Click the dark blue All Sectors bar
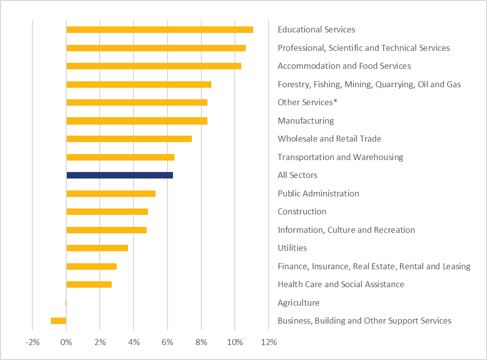coord(120,175)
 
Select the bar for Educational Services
coord(160,29)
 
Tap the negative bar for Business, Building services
coord(58,321)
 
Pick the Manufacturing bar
coord(137,121)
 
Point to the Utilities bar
coord(97,248)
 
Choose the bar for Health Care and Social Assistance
coord(89,284)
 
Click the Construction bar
coord(107,211)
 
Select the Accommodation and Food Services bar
coord(154,66)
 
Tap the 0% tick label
coord(66,343)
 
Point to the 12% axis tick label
coord(269,343)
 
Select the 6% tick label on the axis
coord(167,343)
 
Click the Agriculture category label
coord(299,303)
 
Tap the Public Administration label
coord(319,193)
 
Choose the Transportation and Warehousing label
coord(340,157)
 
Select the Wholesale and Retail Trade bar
coord(129,139)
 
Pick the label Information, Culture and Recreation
coord(346,230)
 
